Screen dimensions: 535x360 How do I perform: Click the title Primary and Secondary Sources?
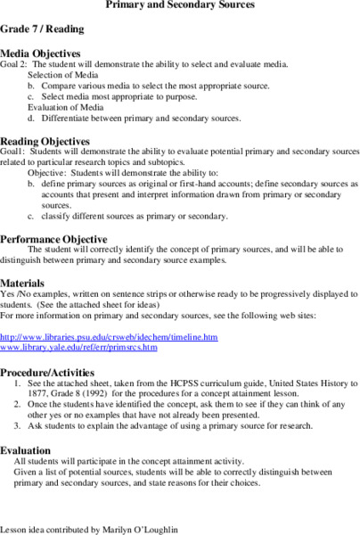[x=180, y=5]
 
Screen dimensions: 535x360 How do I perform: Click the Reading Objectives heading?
[x=45, y=141]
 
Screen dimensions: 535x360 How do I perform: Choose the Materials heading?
[x=28, y=282]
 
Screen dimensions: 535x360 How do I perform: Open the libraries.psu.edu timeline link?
[x=109, y=337]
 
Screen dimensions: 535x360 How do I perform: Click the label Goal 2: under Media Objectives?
[x=17, y=65]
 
